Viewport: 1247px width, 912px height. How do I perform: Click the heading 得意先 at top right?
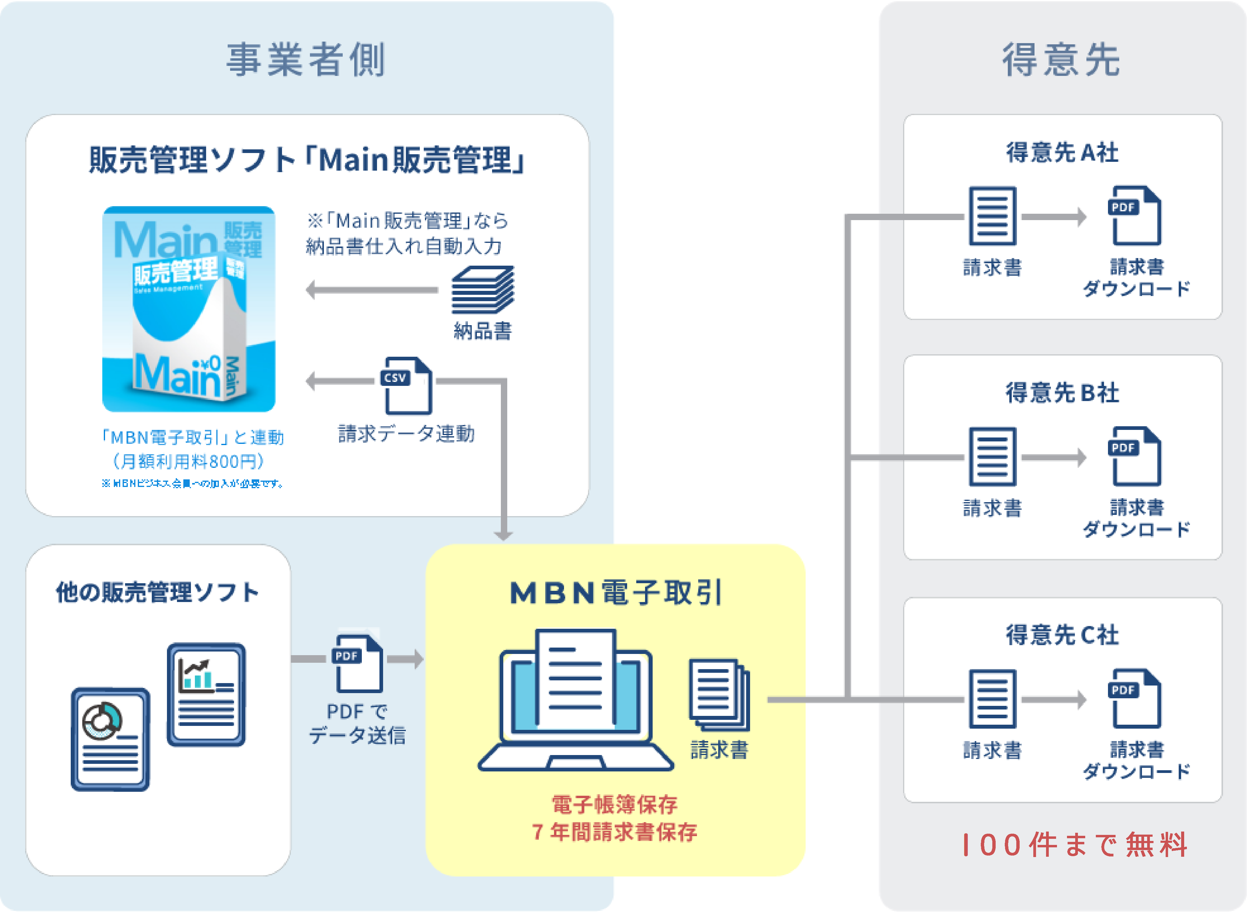(1061, 60)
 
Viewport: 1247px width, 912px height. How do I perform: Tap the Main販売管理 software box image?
(189, 309)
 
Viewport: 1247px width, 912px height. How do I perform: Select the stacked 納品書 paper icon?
(482, 290)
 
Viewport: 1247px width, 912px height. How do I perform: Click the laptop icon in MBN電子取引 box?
(575, 701)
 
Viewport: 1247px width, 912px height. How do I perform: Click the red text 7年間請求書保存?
(614, 832)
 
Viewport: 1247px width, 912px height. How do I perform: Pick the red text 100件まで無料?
(1074, 845)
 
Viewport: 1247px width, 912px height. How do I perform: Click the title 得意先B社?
(1062, 393)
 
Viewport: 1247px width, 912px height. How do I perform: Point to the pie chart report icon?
(110, 739)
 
